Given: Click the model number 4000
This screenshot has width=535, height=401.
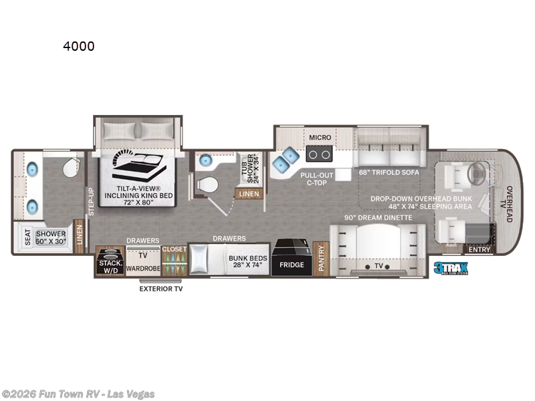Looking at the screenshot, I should (x=79, y=46).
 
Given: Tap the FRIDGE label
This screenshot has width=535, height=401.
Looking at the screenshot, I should (x=292, y=265).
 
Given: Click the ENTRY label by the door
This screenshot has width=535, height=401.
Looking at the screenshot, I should (x=479, y=250).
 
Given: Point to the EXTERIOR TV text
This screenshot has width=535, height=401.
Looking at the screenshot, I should (x=160, y=289).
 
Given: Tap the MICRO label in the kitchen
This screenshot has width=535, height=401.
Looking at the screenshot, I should (x=320, y=137).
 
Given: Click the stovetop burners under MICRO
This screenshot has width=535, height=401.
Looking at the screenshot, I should (x=320, y=155).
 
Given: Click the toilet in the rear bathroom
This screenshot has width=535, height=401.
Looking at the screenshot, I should (x=71, y=169).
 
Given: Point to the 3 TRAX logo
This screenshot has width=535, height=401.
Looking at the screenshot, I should (x=449, y=268).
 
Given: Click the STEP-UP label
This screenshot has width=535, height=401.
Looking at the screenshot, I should (x=92, y=200).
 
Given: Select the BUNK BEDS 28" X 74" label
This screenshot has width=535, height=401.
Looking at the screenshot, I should (x=245, y=261).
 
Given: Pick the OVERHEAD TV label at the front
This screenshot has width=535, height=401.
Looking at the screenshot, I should (x=510, y=204).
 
